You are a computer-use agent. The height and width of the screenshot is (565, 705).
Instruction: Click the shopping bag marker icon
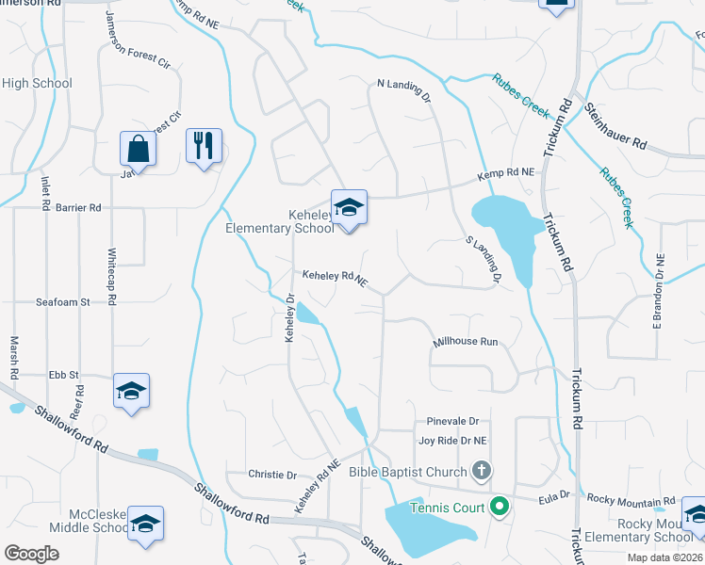click(138, 148)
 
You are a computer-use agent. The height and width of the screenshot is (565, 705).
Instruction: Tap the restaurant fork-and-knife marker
click(204, 146)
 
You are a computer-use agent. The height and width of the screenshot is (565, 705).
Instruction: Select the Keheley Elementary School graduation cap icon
click(349, 208)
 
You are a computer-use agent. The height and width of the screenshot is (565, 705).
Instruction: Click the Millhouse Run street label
click(465, 343)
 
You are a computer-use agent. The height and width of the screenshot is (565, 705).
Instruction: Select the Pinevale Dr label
click(452, 421)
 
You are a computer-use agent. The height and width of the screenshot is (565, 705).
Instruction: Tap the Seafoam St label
click(62, 302)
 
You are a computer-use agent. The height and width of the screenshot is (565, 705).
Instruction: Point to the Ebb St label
click(60, 374)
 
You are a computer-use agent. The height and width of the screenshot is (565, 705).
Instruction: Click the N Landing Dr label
click(403, 90)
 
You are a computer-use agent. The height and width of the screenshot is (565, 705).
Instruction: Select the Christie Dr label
click(272, 475)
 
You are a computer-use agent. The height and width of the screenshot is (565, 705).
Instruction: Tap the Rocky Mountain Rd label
click(631, 500)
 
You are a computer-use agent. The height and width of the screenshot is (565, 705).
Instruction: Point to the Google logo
click(32, 554)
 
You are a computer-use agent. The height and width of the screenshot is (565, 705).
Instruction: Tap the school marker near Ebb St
click(131, 391)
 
